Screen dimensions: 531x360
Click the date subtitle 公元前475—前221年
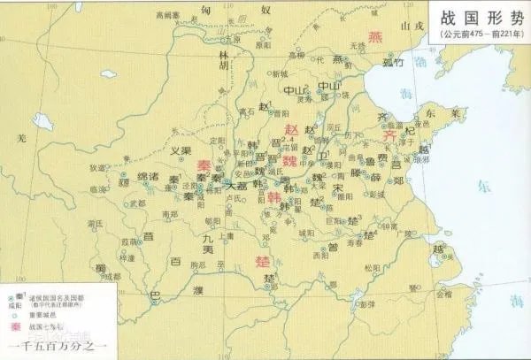click(x=478, y=34)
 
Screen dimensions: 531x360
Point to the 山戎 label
click(x=412, y=28)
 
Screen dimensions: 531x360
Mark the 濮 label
click(x=199, y=289)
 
